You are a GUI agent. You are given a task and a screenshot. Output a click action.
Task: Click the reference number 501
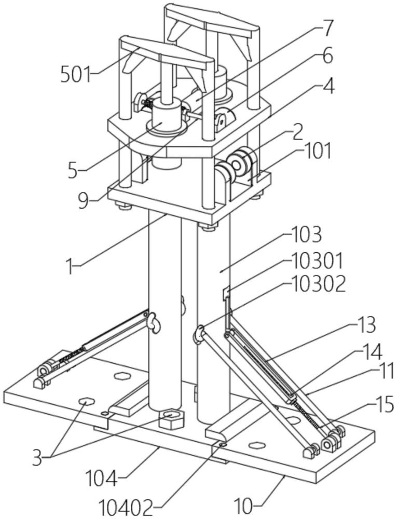click(76, 75)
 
